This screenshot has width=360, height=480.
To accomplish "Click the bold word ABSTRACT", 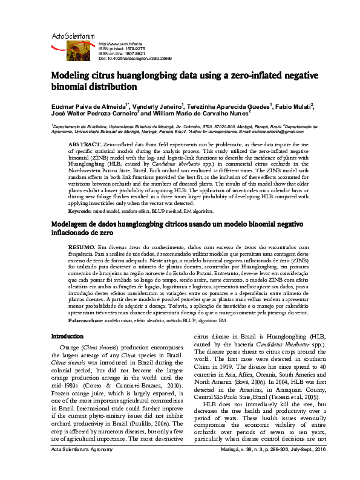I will click(84, 146).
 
